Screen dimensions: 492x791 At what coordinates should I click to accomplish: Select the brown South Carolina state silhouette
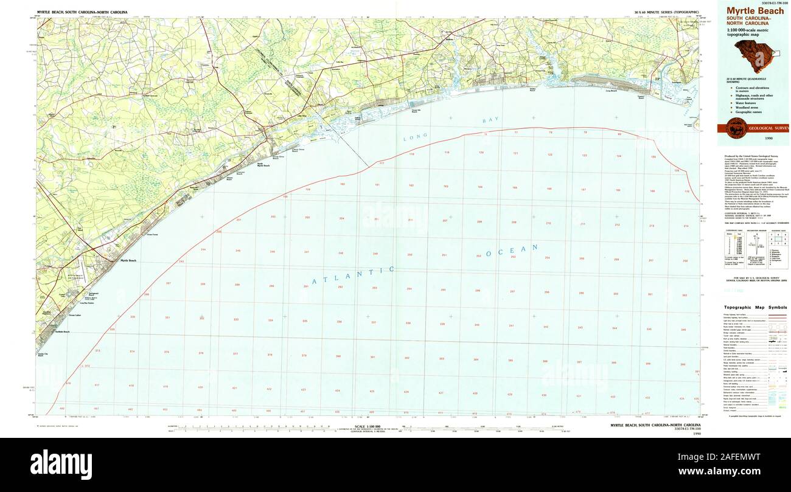[753, 55]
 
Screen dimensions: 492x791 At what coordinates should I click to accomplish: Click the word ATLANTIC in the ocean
[354, 275]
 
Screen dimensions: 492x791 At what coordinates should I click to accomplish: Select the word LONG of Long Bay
[416, 137]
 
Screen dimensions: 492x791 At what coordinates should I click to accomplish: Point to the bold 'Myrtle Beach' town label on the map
[128, 260]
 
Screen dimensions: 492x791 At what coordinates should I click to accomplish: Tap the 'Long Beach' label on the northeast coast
[611, 91]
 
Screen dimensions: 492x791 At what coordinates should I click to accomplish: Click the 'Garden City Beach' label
[41, 354]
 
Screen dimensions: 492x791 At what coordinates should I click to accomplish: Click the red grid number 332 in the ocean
[201, 318]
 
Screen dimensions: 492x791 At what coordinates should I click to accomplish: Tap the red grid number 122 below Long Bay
[549, 154]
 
